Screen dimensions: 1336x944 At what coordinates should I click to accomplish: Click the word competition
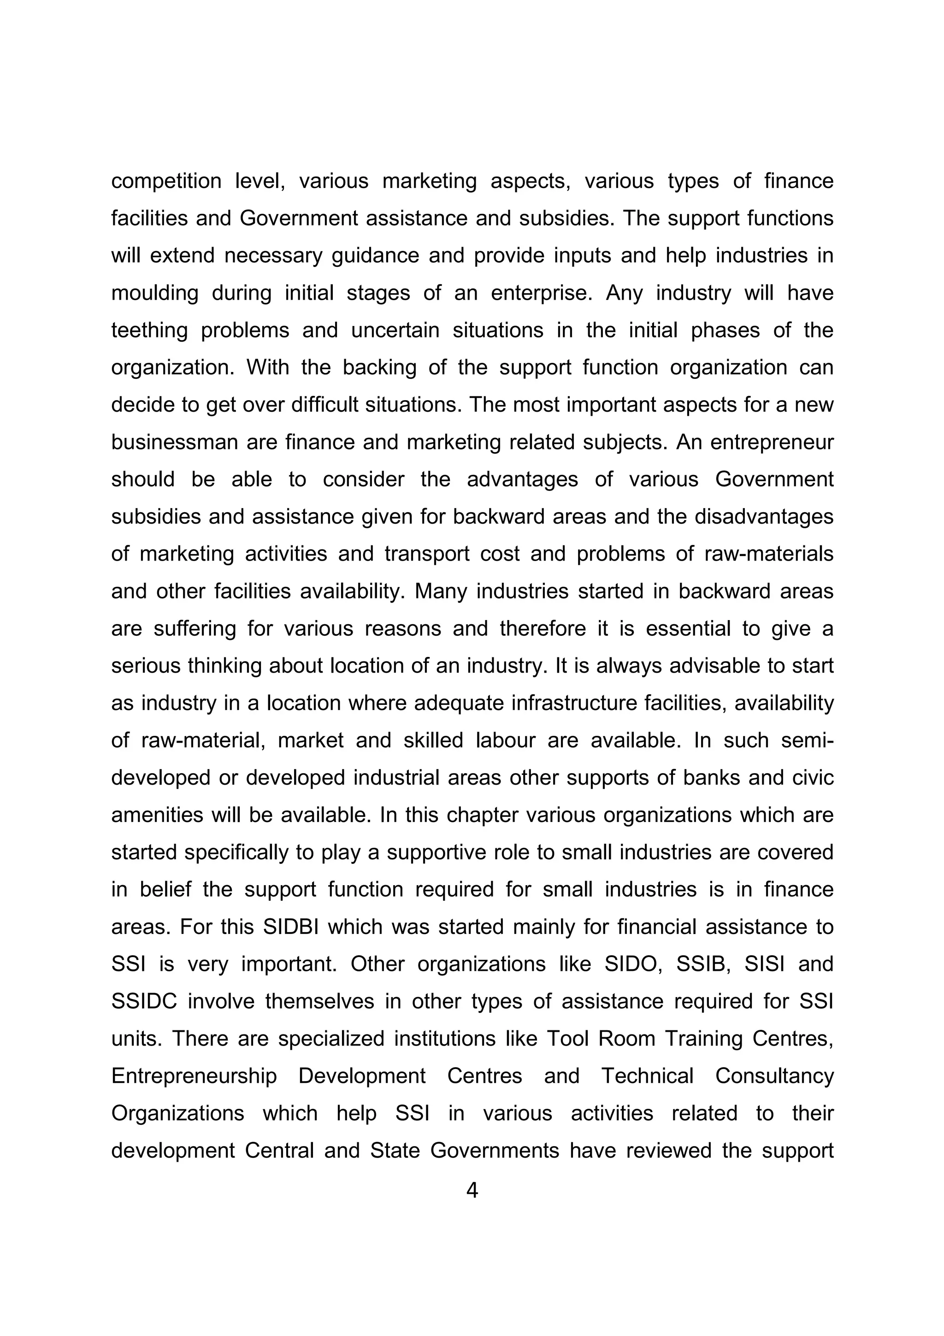coord(166,182)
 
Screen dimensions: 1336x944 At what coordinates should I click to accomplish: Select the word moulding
coord(155,293)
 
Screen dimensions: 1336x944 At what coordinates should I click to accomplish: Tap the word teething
coord(149,331)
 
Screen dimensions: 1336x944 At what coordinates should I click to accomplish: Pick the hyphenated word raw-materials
coord(768,554)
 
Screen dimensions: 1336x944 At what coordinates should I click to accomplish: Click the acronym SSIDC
coord(144,1001)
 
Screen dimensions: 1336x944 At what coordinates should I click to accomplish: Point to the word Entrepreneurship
coord(194,1076)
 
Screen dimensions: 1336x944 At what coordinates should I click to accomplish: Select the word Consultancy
coord(774,1076)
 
